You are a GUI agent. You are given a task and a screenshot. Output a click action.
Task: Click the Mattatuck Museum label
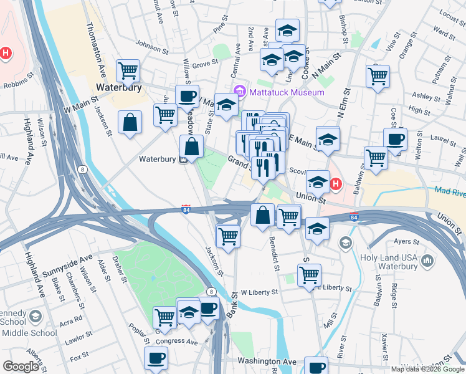pyautogui.click(x=287, y=93)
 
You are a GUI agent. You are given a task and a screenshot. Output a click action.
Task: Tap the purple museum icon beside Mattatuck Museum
pyautogui.click(x=237, y=93)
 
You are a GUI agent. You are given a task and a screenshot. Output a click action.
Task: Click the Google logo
pyautogui.click(x=21, y=367)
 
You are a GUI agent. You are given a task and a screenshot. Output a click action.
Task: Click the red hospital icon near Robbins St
pyautogui.click(x=6, y=54)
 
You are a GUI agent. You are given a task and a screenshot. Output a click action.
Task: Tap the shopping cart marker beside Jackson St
pyautogui.click(x=227, y=236)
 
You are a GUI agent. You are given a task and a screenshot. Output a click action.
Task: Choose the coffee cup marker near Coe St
pyautogui.click(x=394, y=140)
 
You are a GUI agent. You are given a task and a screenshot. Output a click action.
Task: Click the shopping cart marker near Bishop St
pyautogui.click(x=378, y=76)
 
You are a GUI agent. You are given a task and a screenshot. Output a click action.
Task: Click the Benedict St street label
pyautogui.click(x=272, y=249)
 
